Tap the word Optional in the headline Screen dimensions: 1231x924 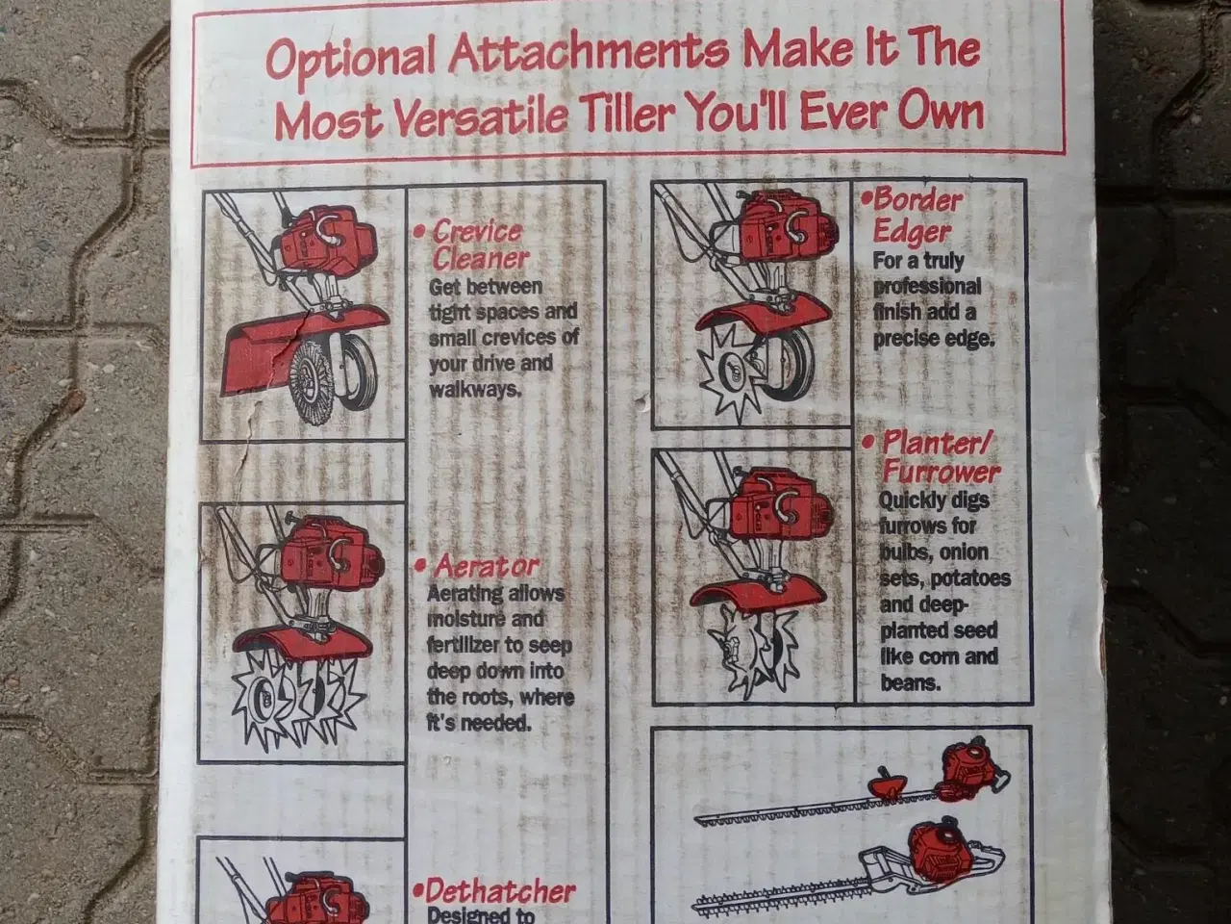point(350,58)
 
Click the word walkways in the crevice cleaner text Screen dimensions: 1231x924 point(475,390)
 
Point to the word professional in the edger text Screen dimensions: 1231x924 point(927,287)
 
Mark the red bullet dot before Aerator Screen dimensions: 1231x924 point(420,566)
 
